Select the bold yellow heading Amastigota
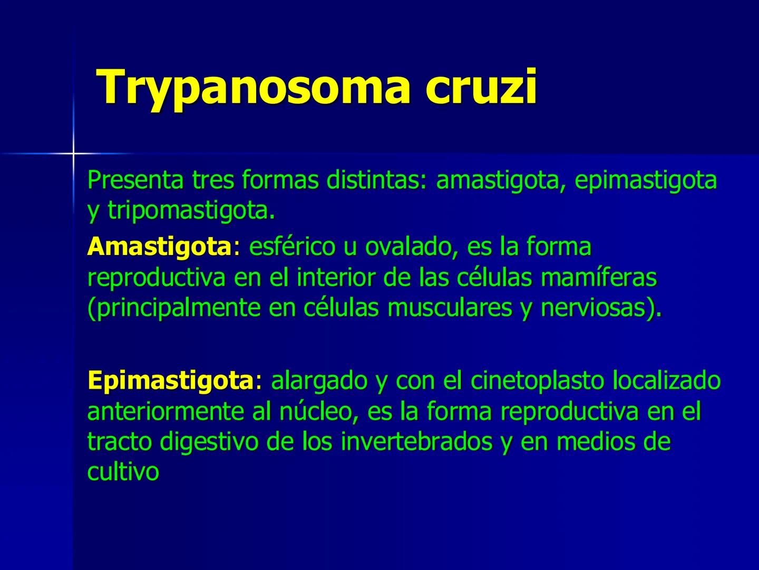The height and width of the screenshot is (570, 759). [159, 247]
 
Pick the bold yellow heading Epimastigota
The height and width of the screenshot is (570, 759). [171, 381]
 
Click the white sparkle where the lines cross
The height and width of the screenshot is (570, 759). [73, 153]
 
